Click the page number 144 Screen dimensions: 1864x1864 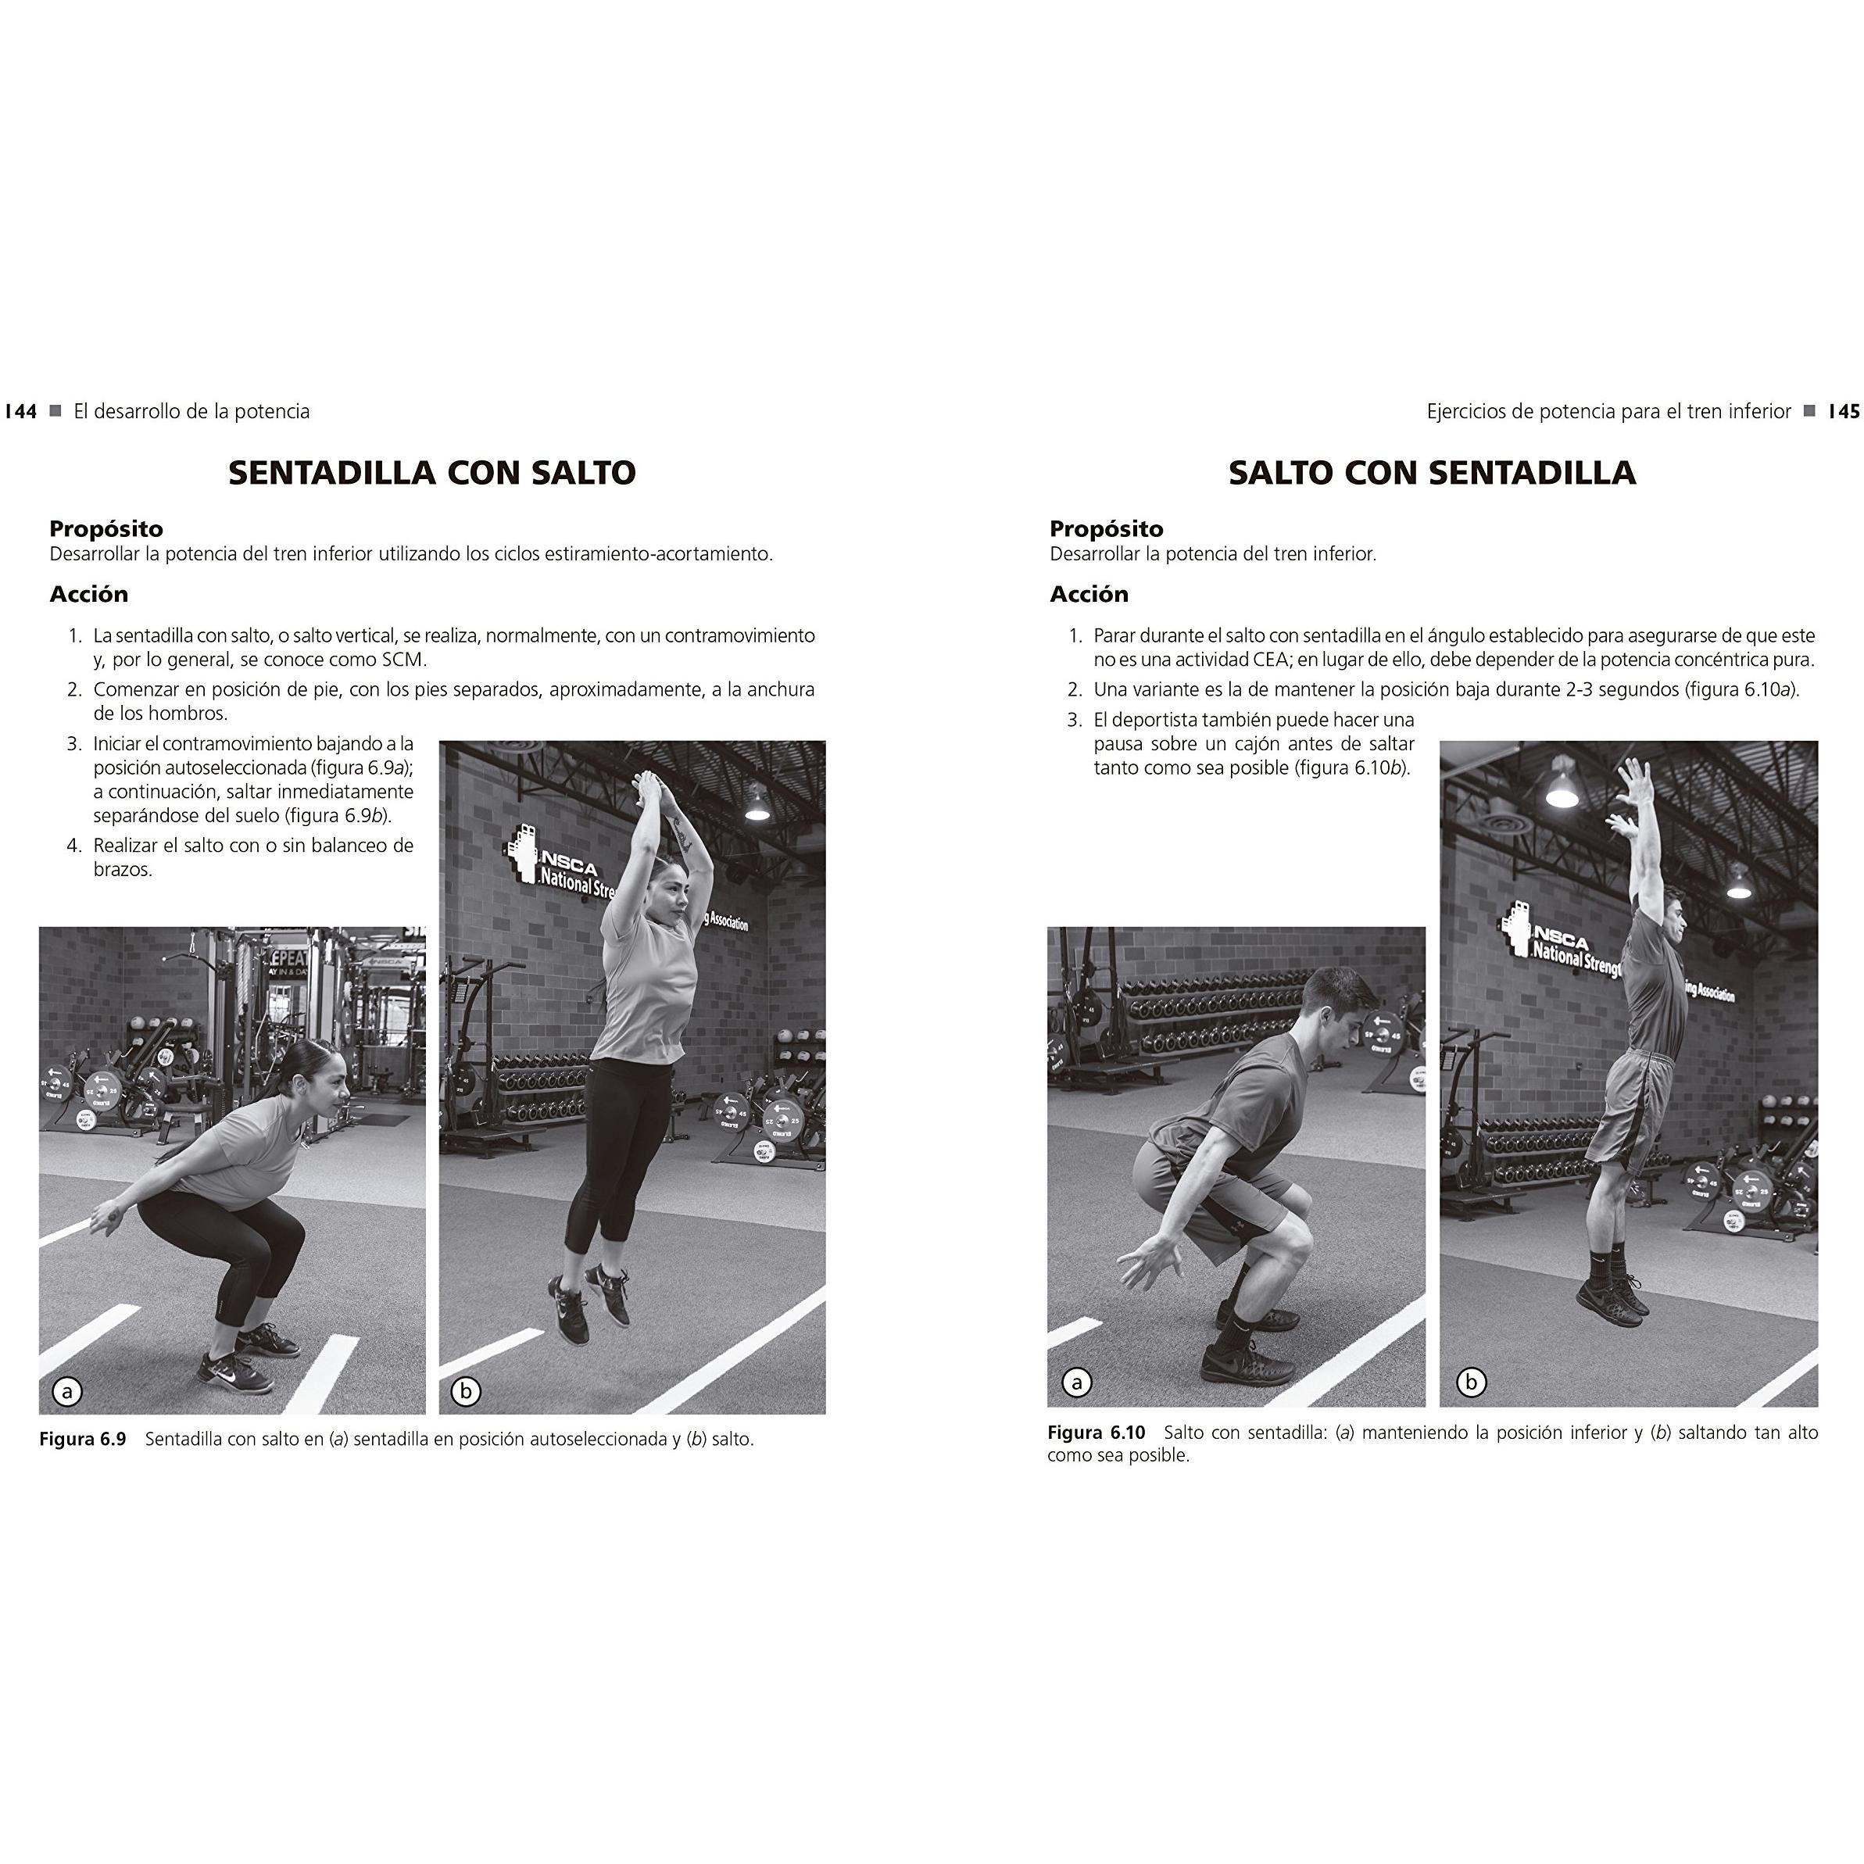[20, 412]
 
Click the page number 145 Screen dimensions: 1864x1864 [1844, 412]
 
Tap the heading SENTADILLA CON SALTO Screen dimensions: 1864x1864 [432, 473]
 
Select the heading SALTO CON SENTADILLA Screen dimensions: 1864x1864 [1432, 473]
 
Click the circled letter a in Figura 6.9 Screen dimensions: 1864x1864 [66, 1391]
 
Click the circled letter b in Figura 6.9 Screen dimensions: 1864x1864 [466, 1391]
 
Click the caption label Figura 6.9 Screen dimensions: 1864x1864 [83, 1440]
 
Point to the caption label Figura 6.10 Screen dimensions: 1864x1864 [1096, 1433]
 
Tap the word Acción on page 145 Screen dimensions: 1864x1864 [1089, 594]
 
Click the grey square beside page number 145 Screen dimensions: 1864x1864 [1810, 411]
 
